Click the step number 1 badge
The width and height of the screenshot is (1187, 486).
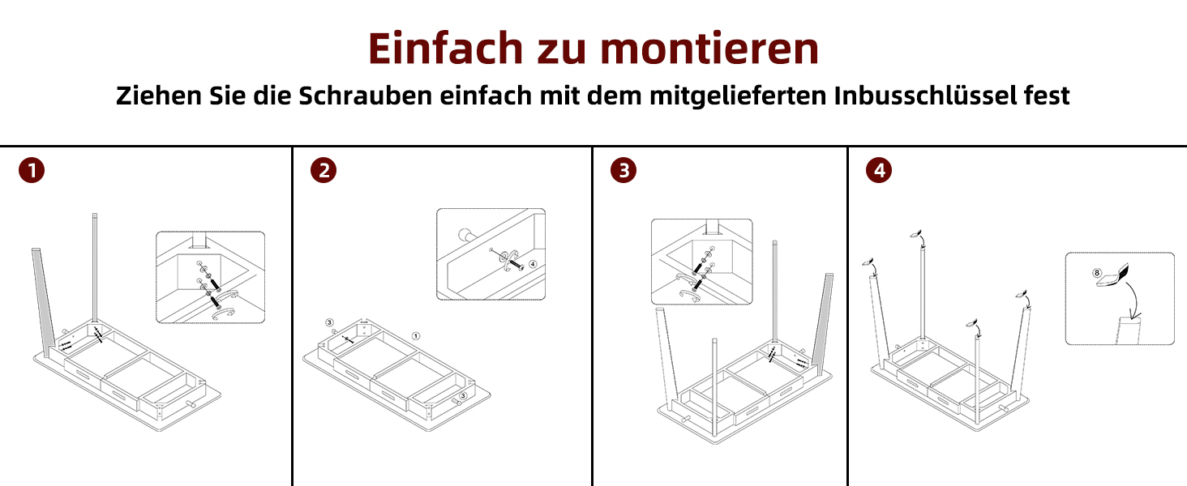32,170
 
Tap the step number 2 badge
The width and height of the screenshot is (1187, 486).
324,170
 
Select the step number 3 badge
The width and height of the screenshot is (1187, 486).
623,170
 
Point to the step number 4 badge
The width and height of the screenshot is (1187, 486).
879,170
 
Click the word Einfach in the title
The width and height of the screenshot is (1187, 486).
446,48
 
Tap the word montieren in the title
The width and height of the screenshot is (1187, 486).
709,48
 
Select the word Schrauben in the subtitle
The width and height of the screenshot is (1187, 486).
366,96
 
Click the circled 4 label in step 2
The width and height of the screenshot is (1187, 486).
533,263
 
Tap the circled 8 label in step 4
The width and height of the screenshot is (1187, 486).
1097,273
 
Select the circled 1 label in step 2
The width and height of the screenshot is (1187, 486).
416,336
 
